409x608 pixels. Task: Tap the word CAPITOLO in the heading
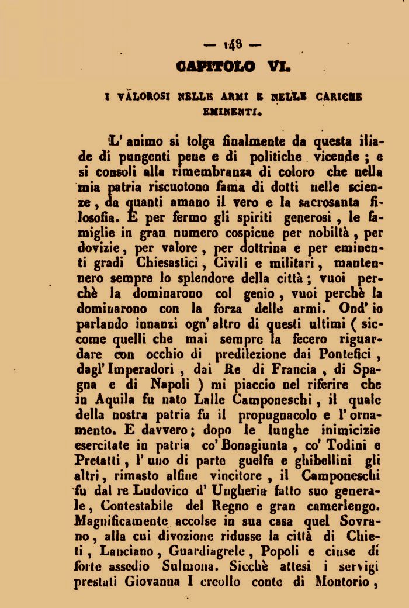(214, 67)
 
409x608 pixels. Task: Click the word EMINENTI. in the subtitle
(233, 109)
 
